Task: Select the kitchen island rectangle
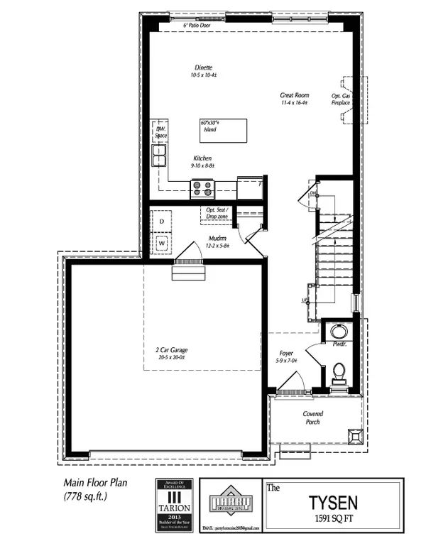tap(224, 130)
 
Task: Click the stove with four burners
tap(202, 188)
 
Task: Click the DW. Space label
tap(161, 131)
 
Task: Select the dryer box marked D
tap(161, 222)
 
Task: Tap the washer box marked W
tap(161, 242)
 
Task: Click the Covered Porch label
tap(313, 418)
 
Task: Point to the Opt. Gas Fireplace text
tap(341, 99)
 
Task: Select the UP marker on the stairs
tap(306, 300)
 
